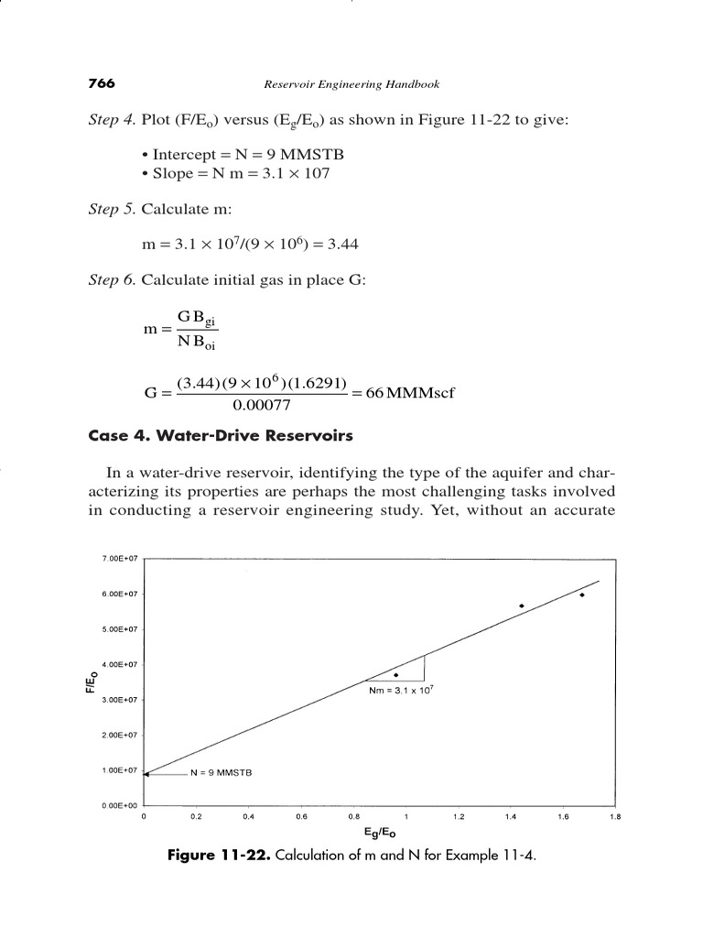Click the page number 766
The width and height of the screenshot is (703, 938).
pyautogui.click(x=101, y=83)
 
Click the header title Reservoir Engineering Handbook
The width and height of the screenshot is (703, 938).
pyautogui.click(x=352, y=84)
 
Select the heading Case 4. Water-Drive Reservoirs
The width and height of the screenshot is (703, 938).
pyautogui.click(x=220, y=436)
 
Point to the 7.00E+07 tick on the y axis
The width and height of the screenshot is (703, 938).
pyautogui.click(x=118, y=558)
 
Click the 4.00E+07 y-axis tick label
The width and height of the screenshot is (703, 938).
pyautogui.click(x=118, y=664)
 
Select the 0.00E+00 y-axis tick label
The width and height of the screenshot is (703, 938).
pyautogui.click(x=118, y=806)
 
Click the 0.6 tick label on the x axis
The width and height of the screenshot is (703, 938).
pyautogui.click(x=301, y=815)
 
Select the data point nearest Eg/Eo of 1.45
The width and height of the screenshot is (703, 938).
pyautogui.click(x=521, y=605)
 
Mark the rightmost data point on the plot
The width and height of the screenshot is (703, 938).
pyautogui.click(x=582, y=594)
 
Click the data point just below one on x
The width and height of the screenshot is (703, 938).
pyautogui.click(x=395, y=675)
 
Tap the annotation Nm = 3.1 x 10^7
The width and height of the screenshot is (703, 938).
pyautogui.click(x=400, y=692)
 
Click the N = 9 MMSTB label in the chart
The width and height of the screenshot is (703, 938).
pyautogui.click(x=221, y=773)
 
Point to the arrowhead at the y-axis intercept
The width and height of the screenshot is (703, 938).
pyautogui.click(x=147, y=774)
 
